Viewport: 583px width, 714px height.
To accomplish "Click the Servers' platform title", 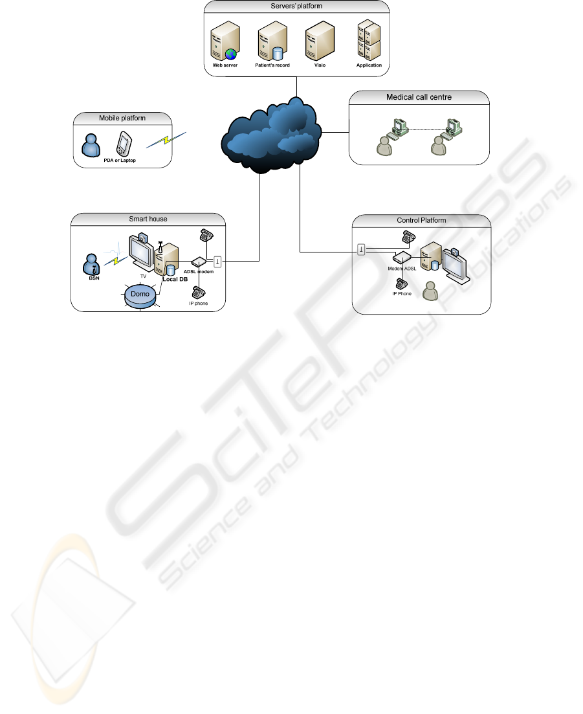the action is [x=296, y=6].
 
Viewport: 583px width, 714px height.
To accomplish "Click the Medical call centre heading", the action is [x=419, y=98].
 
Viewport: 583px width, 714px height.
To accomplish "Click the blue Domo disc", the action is [x=140, y=295].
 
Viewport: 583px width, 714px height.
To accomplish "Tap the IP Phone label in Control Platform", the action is [x=402, y=293].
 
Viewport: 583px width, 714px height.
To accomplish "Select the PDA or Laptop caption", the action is [x=120, y=160].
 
